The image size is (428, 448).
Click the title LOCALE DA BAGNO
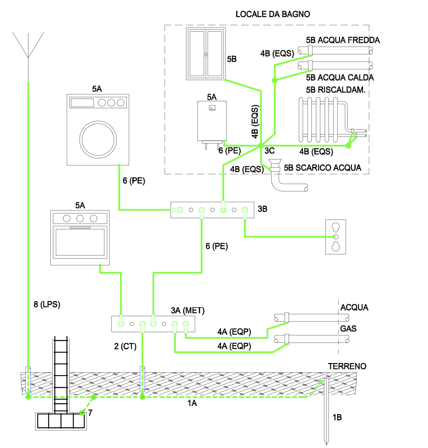tap(272, 14)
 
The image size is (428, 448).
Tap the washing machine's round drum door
tap(98, 139)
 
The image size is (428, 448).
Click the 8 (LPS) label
tap(47, 304)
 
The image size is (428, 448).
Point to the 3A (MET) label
tap(188, 310)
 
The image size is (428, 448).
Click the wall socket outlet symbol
tap(336, 237)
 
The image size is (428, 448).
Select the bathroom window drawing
tap(206, 54)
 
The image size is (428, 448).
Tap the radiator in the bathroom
tap(321, 119)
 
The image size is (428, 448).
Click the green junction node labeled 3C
tap(261, 146)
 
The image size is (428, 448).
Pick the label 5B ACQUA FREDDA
tap(343, 40)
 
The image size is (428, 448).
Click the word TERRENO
tap(347, 366)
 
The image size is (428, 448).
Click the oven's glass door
tap(80, 242)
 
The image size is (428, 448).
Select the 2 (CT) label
tap(125, 346)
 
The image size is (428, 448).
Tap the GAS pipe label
tap(348, 329)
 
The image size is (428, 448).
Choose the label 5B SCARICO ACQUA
tap(322, 168)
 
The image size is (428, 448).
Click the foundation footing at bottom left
tap(61, 421)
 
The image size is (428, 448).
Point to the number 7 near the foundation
tap(90, 413)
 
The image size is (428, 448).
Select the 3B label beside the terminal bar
tap(263, 209)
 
